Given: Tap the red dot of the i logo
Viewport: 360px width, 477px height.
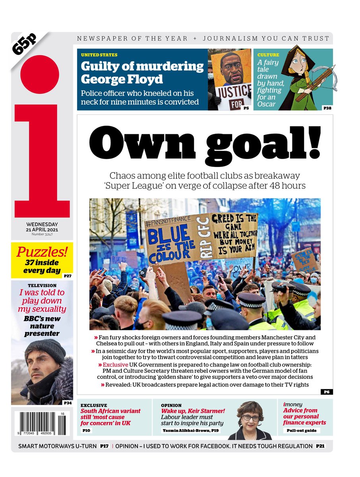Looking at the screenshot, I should click(40, 74).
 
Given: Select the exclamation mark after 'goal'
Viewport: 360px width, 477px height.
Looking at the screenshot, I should click(314, 142).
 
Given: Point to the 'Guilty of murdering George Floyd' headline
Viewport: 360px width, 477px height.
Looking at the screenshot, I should click(142, 72).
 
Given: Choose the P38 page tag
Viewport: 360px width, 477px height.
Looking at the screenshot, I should click(327, 108).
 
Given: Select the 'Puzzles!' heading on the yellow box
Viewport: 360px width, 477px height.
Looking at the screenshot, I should click(42, 252).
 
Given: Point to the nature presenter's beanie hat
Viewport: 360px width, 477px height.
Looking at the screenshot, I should click(45, 350).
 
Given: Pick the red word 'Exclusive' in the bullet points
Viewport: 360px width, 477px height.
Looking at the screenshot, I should click(116, 365).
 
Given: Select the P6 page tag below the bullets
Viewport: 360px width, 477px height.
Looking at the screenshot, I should click(327, 392).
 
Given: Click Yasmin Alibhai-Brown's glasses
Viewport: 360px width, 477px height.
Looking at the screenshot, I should click(251, 418).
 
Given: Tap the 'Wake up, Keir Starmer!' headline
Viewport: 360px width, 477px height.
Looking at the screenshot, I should click(193, 411).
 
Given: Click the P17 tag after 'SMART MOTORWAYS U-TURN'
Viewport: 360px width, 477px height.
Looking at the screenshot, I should click(104, 446).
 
